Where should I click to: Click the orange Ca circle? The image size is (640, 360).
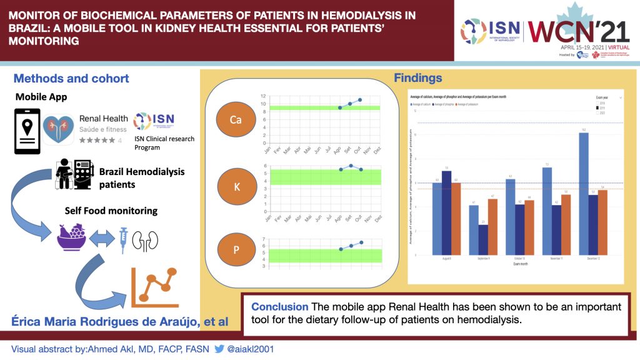tap(235, 119)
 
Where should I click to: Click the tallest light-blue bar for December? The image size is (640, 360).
tap(583, 194)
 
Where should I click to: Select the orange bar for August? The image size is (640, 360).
tap(456, 219)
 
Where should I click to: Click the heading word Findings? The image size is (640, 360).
tap(418, 78)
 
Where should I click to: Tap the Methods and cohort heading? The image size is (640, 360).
tap(71, 78)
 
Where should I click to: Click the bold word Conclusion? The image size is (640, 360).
tap(279, 307)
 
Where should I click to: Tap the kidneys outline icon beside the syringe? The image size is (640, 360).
tap(149, 240)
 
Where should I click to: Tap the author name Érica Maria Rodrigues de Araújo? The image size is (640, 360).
tap(117, 322)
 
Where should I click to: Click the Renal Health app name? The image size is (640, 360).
tap(104, 118)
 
